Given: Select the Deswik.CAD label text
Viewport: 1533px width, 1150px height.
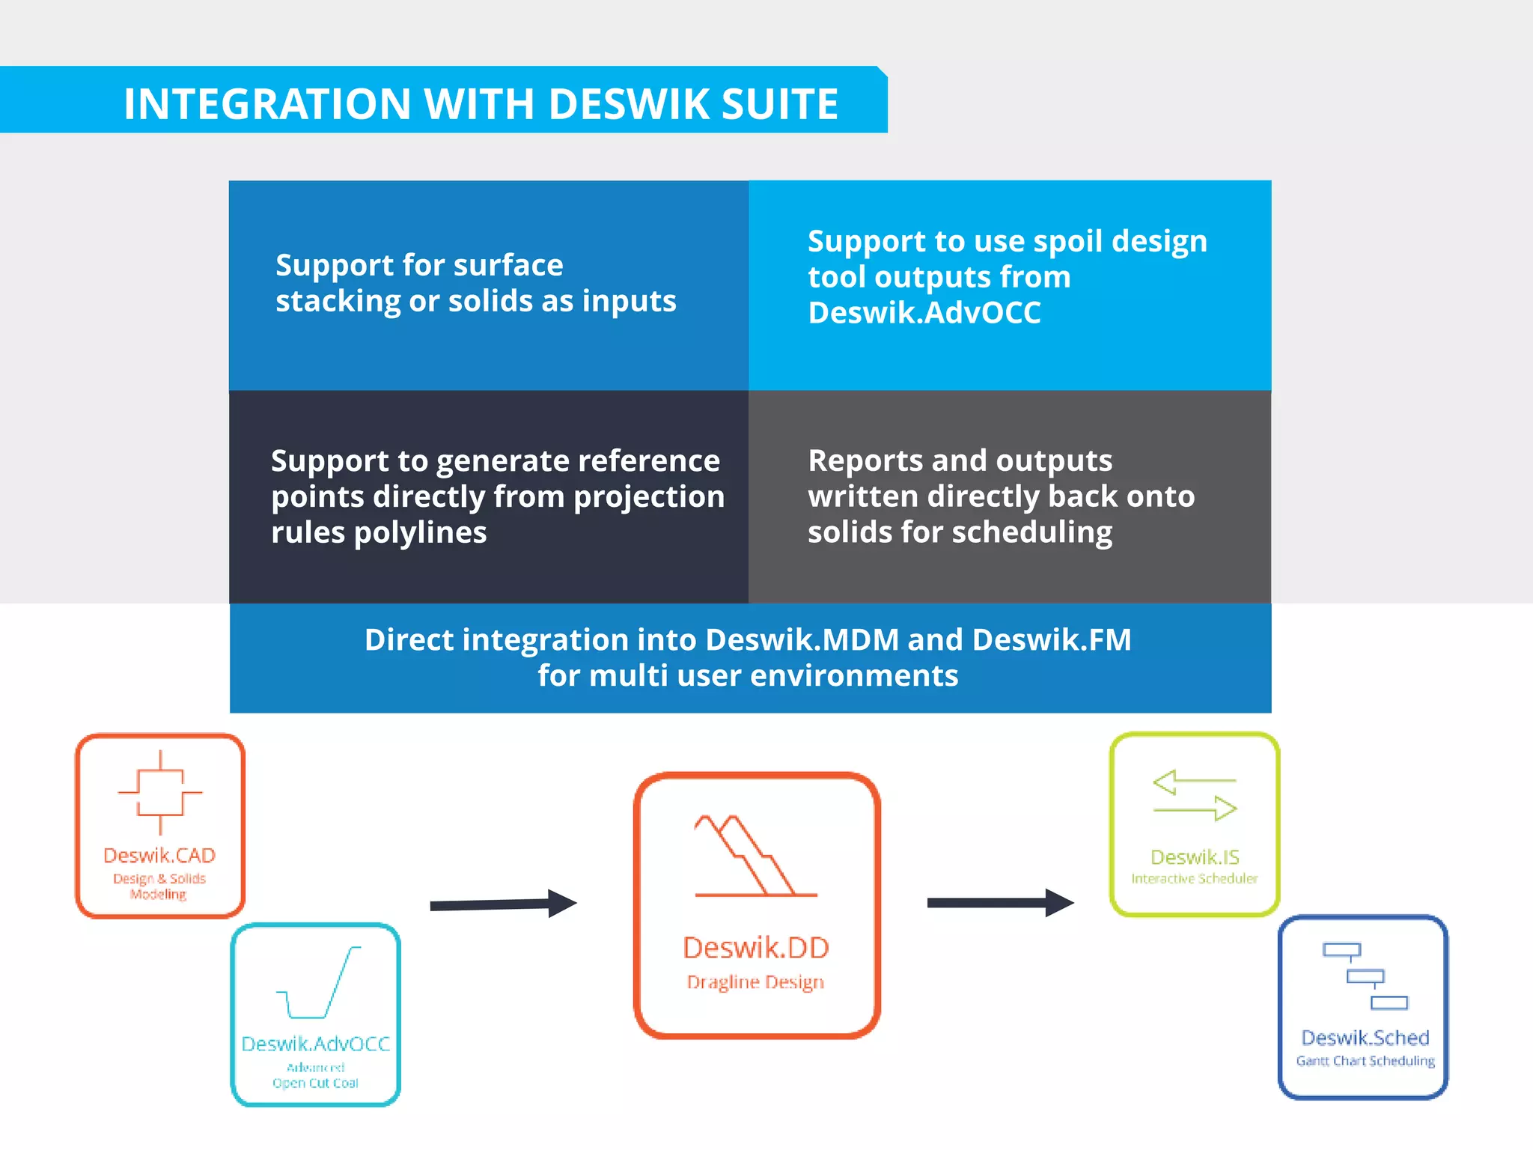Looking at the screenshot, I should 159,855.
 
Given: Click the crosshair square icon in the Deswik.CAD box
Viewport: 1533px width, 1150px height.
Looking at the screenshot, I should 160,792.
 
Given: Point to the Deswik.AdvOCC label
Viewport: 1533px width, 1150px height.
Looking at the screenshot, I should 315,1044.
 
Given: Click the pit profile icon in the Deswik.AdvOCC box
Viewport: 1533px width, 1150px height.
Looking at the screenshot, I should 319,983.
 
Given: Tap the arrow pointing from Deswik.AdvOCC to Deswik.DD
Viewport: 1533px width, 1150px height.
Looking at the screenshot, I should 503,904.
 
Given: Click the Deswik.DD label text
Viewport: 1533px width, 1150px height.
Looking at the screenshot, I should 756,948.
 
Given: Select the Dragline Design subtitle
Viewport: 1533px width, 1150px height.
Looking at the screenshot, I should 755,982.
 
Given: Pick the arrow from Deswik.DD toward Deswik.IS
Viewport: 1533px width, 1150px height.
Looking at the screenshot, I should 1000,903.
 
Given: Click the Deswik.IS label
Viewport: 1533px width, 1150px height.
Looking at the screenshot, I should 1195,857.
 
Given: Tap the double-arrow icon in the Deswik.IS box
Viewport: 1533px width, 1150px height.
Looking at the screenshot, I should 1195,795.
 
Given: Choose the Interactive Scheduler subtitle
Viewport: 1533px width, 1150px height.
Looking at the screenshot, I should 1195,879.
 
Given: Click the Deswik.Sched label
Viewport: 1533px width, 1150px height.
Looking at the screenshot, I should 1365,1038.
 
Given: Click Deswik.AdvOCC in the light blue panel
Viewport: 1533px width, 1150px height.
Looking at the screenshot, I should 924,313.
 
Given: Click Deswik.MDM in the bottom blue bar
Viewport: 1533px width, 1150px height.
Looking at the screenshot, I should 802,640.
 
